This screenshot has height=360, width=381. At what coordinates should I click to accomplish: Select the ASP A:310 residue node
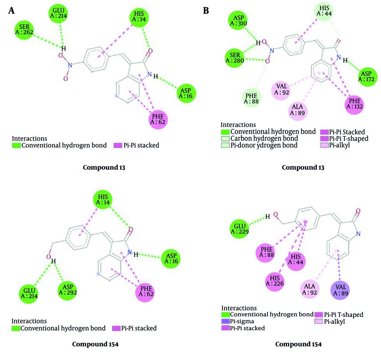click(238, 21)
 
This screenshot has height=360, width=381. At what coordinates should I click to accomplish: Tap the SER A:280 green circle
click(235, 58)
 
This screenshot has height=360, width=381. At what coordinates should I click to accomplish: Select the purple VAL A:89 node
click(340, 291)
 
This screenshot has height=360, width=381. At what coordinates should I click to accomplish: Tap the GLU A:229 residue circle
click(240, 229)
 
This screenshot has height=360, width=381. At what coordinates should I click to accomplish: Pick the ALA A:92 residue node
click(310, 289)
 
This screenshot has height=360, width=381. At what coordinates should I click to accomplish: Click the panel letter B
click(206, 10)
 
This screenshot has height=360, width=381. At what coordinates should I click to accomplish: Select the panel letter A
click(11, 10)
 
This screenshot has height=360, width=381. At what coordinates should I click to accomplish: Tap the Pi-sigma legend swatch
click(225, 321)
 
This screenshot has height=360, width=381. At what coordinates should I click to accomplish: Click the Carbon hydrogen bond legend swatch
click(225, 138)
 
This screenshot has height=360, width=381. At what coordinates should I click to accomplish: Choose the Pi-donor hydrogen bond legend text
click(264, 145)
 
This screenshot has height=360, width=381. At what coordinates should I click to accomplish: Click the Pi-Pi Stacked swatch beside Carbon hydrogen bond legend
click(324, 132)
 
